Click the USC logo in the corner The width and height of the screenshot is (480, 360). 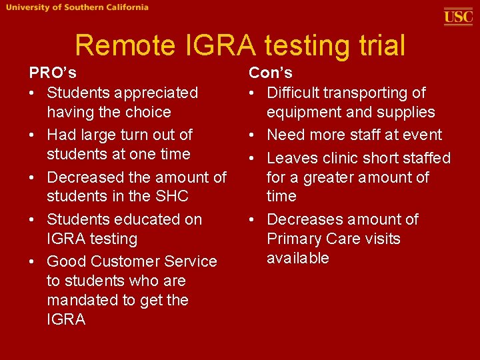pyautogui.click(x=458, y=16)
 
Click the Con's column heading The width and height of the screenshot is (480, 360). pyautogui.click(x=271, y=73)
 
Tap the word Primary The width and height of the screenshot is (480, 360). pyautogui.click(x=294, y=239)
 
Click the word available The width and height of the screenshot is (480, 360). pyautogui.click(x=298, y=258)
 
